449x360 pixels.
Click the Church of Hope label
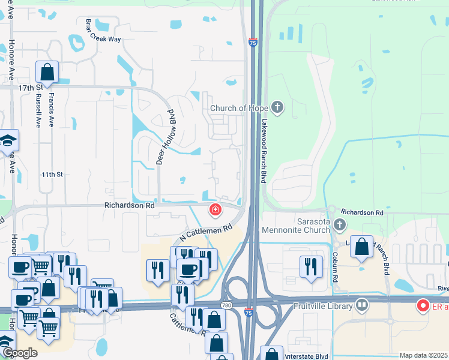(238, 109)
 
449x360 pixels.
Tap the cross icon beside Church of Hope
(277, 108)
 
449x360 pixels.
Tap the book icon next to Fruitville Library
(361, 305)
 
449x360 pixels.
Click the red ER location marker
(423, 306)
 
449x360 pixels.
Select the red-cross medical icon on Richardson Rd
(214, 210)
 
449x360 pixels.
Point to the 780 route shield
(226, 305)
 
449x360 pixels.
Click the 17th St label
(27, 88)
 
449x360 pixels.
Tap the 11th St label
(52, 175)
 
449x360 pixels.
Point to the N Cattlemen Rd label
(206, 232)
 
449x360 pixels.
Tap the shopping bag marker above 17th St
(47, 73)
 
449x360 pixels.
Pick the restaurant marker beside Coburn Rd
(310, 266)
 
